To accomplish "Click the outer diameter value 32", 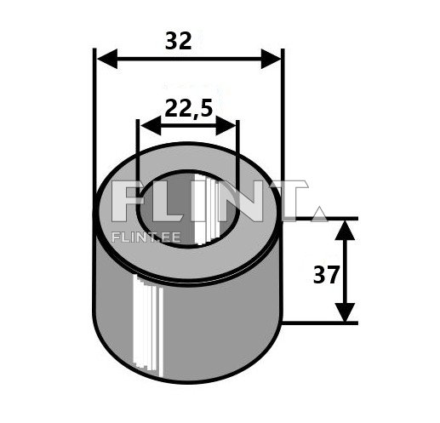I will [180, 41].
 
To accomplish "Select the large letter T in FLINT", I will [284, 203].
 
